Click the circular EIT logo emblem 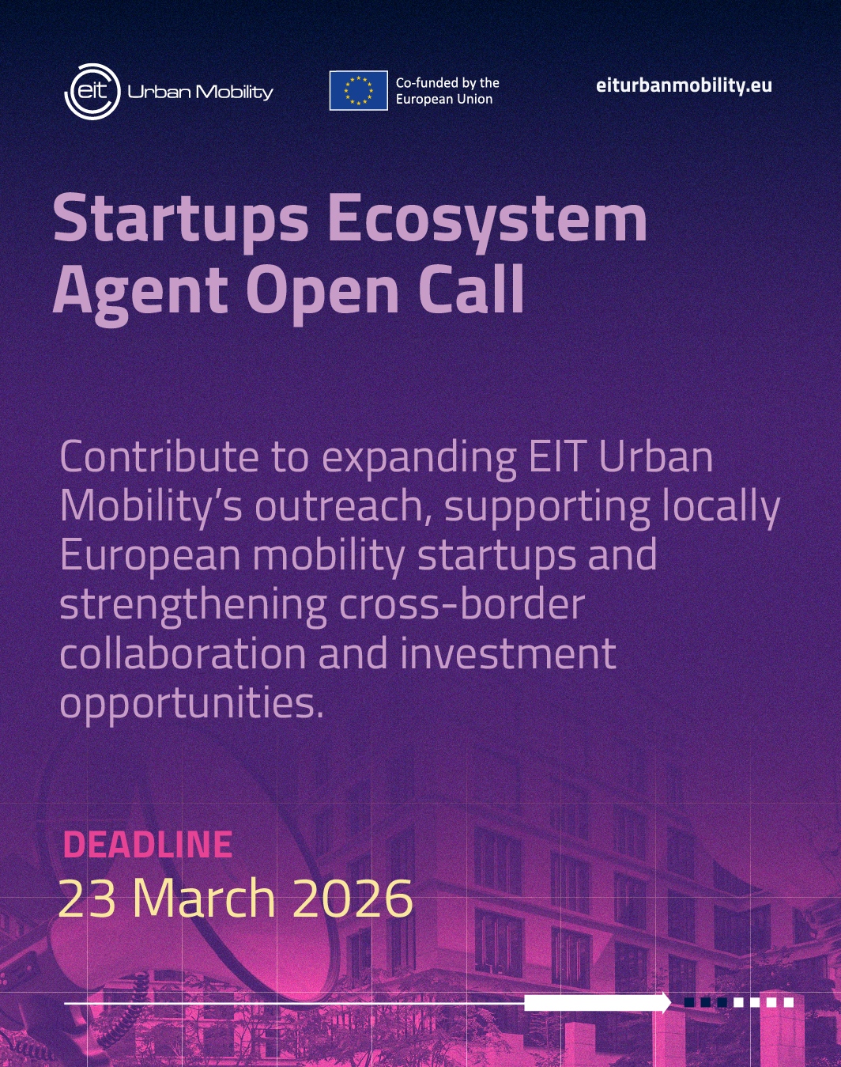[92, 92]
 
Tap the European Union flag [359, 90]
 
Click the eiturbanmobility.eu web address [684, 85]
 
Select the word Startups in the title [181, 218]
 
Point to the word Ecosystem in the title [488, 218]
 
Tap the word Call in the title [472, 288]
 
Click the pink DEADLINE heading [148, 844]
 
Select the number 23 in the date [87, 899]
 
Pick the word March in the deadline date [204, 898]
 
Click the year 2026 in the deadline [353, 899]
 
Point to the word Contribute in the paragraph [159, 457]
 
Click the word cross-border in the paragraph [462, 604]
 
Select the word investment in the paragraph [508, 654]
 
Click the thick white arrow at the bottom [598, 1003]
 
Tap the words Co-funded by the [447, 83]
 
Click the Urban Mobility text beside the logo [200, 93]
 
